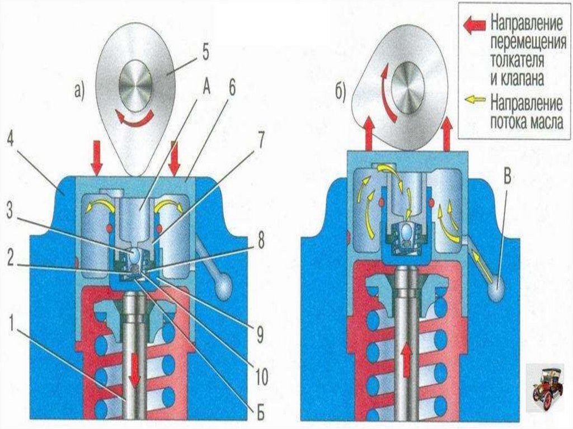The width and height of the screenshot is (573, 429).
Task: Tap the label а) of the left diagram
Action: pyautogui.click(x=78, y=89)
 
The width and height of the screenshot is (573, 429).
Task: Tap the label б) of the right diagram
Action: pyautogui.click(x=342, y=92)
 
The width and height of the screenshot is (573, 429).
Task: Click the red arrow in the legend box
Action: pyautogui.click(x=476, y=26)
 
